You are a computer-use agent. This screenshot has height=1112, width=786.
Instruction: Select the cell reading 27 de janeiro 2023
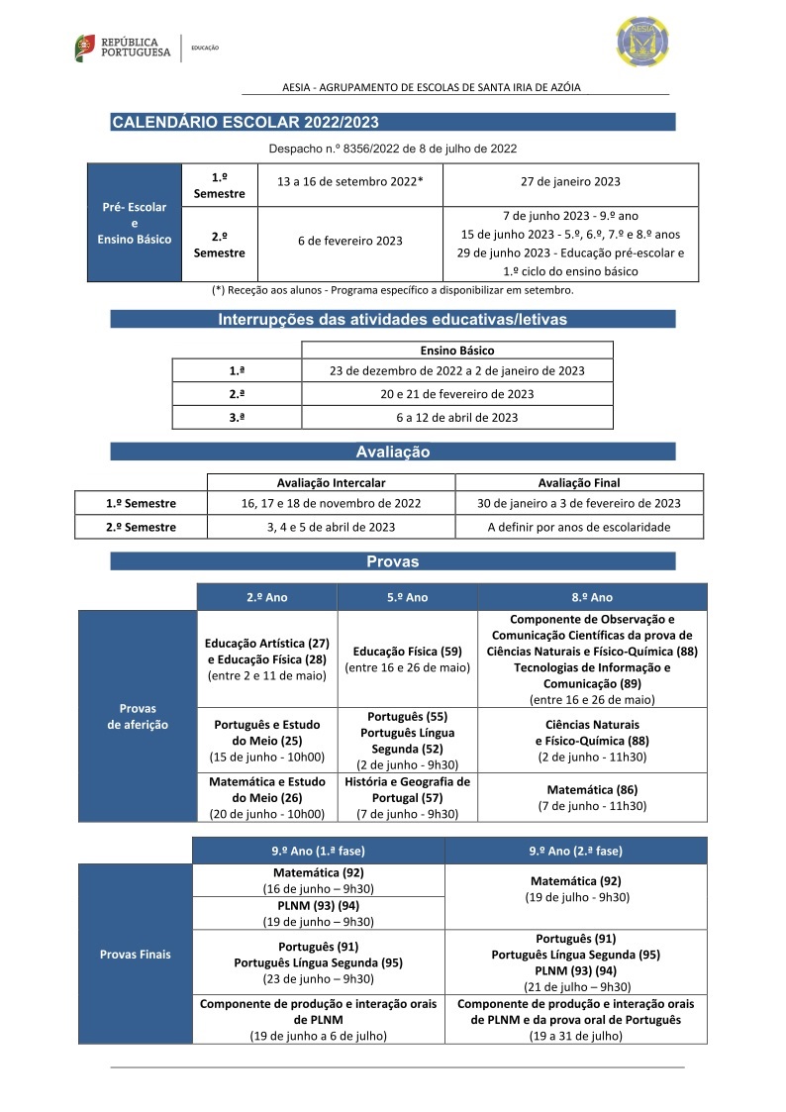(570, 182)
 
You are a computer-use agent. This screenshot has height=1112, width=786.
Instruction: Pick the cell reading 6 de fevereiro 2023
(350, 242)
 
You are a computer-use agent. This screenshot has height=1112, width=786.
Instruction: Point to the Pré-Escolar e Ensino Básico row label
(135, 223)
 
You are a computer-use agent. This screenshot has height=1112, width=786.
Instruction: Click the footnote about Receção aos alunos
(392, 291)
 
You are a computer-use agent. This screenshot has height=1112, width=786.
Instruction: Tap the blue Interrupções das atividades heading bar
(393, 319)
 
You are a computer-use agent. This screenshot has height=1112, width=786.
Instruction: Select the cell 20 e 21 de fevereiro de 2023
(456, 394)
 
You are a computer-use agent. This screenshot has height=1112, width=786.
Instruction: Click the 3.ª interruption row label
(237, 417)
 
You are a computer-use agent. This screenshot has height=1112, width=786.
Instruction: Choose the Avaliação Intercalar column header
(331, 482)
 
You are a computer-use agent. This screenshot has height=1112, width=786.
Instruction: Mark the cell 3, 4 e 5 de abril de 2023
(331, 527)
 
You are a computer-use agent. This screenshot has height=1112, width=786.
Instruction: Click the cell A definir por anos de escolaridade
(579, 527)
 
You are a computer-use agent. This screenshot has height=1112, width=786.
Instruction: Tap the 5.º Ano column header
(406, 597)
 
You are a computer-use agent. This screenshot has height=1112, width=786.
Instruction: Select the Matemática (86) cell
(592, 797)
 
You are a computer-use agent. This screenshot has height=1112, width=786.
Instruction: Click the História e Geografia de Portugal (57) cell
(406, 797)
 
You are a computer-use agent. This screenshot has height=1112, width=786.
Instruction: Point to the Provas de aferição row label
(138, 716)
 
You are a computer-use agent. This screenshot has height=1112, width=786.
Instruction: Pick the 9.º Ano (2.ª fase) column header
(576, 851)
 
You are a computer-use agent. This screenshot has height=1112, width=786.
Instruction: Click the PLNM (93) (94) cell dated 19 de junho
(318, 913)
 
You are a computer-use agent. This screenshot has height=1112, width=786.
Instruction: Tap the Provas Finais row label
(136, 955)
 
